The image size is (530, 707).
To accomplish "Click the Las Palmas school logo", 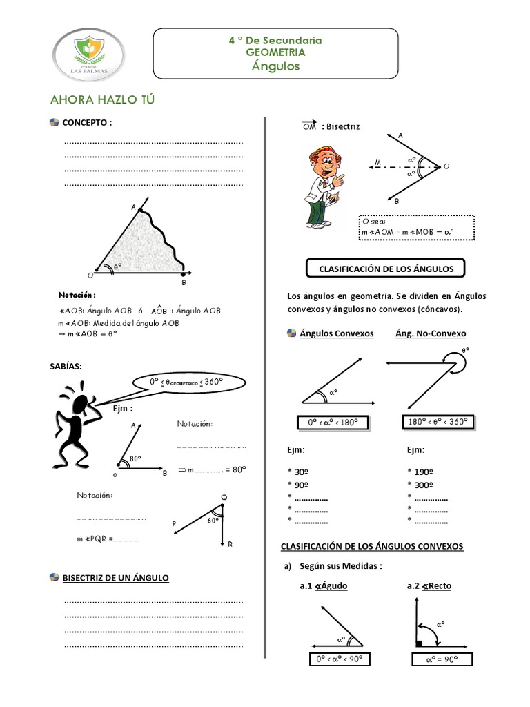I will coord(90,54).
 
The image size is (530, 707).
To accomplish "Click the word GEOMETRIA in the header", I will coord(275,52).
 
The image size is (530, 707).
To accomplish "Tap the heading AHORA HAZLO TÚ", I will coord(102,99).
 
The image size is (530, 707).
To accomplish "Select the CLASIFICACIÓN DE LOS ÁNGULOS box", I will coord(385,267).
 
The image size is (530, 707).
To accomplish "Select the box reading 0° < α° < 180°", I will coord(332,423).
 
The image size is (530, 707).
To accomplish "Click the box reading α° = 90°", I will coord(442,659).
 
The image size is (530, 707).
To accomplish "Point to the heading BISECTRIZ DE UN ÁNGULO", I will coord(115,577).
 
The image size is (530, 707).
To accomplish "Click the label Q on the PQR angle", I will coord(224,498).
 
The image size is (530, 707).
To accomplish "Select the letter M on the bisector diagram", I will coord(377,164).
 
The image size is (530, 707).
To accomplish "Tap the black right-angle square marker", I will coord(419,644).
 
